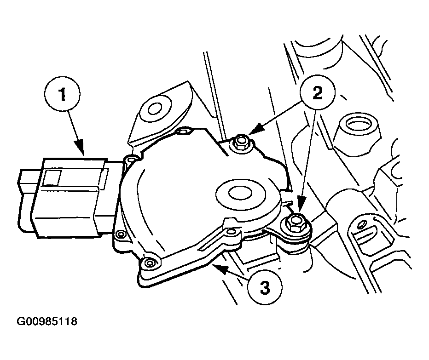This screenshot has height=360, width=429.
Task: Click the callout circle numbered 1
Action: pos(63,94)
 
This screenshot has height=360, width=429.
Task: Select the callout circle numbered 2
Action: pos(317,93)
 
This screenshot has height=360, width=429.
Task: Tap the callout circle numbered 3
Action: pos(265,287)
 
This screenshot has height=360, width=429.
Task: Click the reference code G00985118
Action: pos(47,321)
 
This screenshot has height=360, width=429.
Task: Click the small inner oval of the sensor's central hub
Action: pos(240,194)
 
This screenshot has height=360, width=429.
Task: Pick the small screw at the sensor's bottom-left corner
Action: pos(150,263)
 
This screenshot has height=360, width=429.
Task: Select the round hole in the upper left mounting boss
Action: pos(155,109)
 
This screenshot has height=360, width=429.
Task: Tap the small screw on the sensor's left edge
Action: pos(120,234)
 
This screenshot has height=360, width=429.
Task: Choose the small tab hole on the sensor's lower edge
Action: pos(232,232)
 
